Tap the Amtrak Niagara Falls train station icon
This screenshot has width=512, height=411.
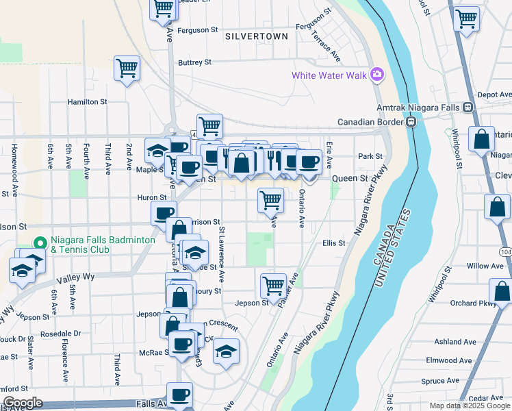(x=468, y=108)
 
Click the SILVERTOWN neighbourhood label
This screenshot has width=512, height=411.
(x=256, y=36)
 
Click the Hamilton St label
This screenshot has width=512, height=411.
(x=87, y=101)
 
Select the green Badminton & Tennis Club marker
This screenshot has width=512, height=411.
(x=40, y=243)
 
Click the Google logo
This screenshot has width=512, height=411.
(x=22, y=403)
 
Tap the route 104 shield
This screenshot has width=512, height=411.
(x=505, y=252)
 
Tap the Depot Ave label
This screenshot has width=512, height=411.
(x=494, y=95)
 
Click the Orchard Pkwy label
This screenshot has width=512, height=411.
(x=472, y=303)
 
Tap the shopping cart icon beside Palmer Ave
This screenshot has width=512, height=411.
(x=272, y=284)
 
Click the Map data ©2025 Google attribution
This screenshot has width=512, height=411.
(x=469, y=406)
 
